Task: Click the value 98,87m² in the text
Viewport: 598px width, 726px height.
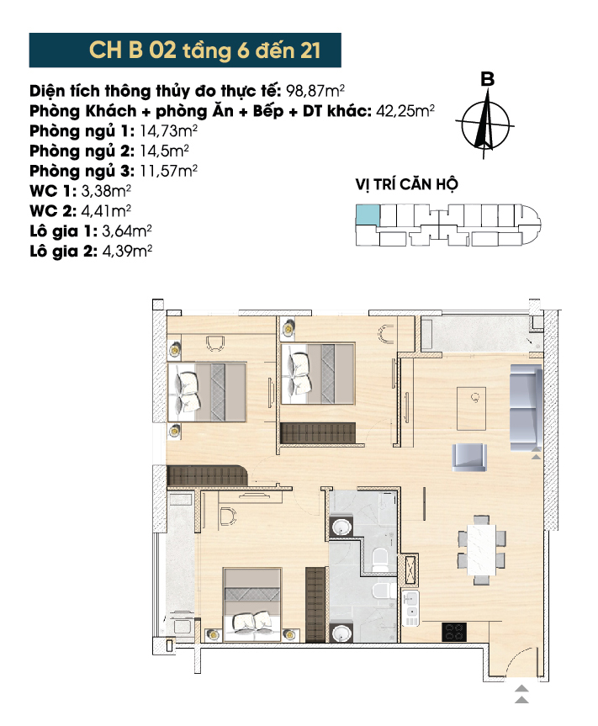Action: (x=315, y=91)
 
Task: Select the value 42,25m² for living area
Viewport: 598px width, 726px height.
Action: (x=405, y=111)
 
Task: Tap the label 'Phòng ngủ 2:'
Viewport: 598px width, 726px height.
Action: (x=82, y=151)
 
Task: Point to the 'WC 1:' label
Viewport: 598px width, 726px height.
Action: (x=53, y=191)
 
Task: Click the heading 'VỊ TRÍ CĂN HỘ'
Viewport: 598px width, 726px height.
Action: (x=407, y=184)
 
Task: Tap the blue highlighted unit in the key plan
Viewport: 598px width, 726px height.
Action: (x=368, y=215)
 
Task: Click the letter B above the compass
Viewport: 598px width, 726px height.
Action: (x=487, y=79)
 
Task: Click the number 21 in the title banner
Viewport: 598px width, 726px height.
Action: (x=310, y=50)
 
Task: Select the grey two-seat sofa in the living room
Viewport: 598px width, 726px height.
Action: (x=526, y=408)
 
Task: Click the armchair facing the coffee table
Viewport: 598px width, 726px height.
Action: (x=469, y=458)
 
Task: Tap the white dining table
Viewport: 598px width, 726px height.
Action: (x=482, y=549)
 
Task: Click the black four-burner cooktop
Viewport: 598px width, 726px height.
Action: (x=454, y=632)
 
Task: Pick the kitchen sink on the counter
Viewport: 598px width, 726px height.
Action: (x=410, y=608)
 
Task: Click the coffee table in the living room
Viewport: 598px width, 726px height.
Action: (x=472, y=408)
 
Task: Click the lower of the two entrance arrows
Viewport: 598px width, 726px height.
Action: (x=521, y=700)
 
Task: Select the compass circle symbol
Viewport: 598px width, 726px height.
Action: (x=485, y=125)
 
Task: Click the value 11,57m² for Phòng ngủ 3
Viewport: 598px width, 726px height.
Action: (x=168, y=172)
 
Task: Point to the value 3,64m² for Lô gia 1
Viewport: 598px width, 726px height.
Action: (x=127, y=231)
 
